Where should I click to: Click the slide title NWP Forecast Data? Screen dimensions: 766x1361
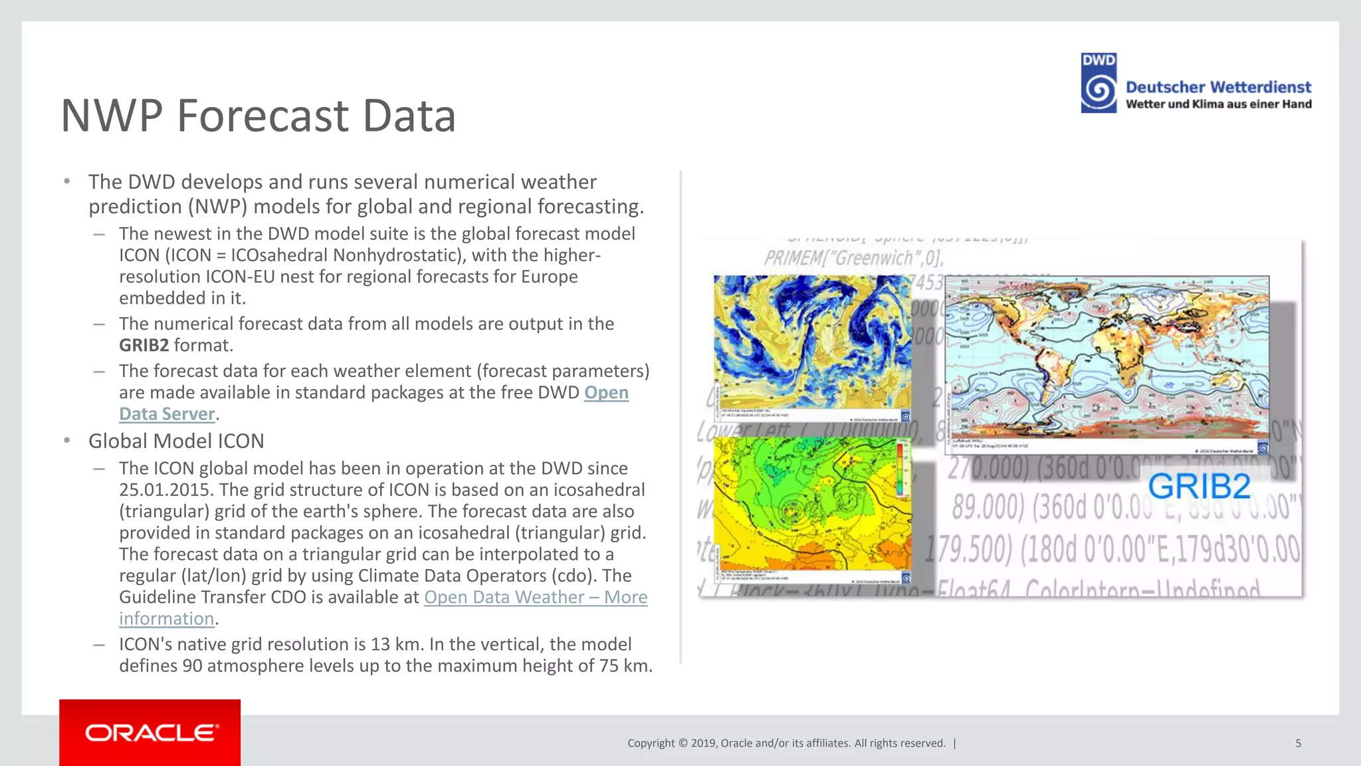click(x=258, y=116)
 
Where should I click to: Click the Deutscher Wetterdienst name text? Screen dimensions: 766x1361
click(x=1218, y=87)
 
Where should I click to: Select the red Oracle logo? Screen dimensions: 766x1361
click(x=150, y=732)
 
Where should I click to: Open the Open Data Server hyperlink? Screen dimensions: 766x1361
click(x=605, y=393)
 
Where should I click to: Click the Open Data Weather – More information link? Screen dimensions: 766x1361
click(x=535, y=597)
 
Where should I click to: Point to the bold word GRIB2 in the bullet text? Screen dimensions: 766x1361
click(x=144, y=345)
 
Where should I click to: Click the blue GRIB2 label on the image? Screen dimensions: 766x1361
click(x=1198, y=486)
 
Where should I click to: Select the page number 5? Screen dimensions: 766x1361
click(x=1298, y=743)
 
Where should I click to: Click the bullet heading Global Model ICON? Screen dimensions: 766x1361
click(x=176, y=441)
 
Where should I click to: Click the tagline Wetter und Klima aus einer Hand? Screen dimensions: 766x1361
click(x=1218, y=104)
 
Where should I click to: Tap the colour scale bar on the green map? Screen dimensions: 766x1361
click(x=900, y=469)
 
